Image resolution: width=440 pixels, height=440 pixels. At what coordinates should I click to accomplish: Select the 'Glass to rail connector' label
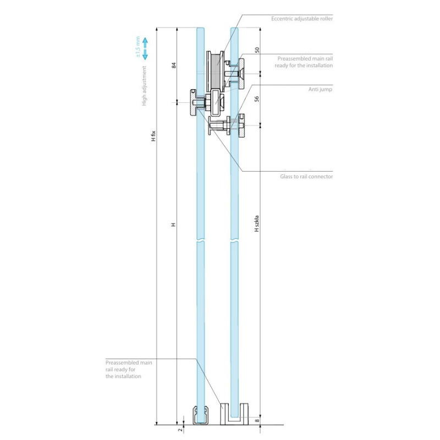tap(306, 177)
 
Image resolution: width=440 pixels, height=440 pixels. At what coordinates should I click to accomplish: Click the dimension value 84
tap(174, 65)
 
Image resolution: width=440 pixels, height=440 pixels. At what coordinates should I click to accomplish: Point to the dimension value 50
tap(257, 50)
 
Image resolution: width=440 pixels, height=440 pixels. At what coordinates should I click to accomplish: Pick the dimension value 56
tap(257, 99)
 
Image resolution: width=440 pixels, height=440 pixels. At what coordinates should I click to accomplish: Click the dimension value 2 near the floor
tap(180, 431)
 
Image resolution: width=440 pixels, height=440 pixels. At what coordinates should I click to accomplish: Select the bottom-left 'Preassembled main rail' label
tap(128, 370)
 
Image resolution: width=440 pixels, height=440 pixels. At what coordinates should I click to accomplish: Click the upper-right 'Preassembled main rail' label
tap(305, 61)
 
